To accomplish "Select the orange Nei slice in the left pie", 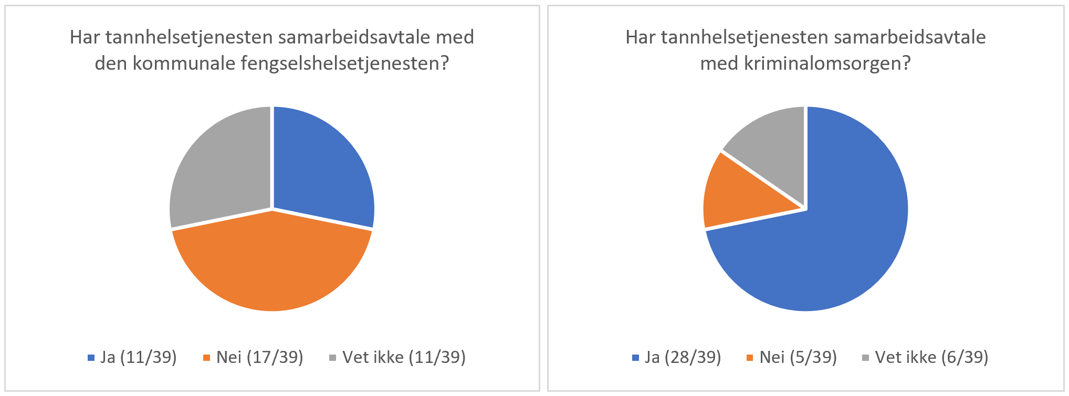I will click(272, 262).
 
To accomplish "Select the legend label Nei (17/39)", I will click(260, 357).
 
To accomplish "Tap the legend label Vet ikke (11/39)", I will click(404, 357).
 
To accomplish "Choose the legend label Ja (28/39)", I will click(683, 357).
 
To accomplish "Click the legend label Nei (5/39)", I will click(798, 357).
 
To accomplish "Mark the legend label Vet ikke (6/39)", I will click(931, 357).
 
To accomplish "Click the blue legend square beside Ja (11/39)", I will click(91, 358).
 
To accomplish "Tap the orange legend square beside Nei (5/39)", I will click(750, 358).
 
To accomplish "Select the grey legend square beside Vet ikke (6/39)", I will click(865, 358).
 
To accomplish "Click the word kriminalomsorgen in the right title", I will click(827, 63).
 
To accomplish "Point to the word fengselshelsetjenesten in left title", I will click(345, 63).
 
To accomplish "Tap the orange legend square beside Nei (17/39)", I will click(207, 358).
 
